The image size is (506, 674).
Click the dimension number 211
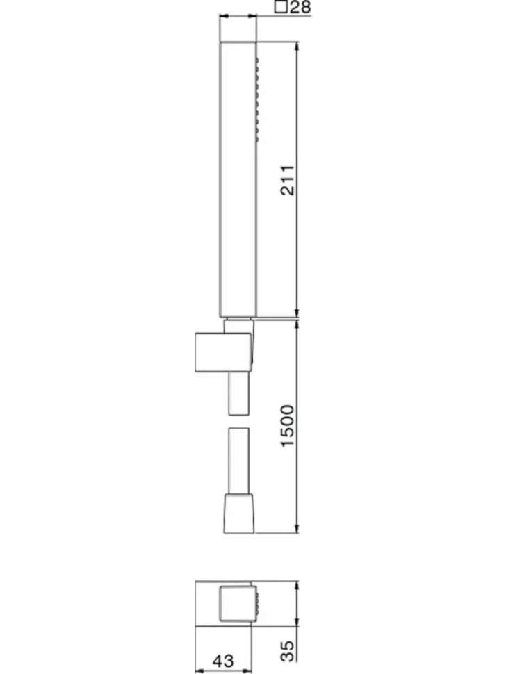(288, 180)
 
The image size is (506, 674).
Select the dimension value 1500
(288, 425)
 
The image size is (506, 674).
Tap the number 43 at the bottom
(222, 661)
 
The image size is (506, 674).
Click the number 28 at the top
(300, 8)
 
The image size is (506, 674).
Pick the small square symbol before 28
(281, 7)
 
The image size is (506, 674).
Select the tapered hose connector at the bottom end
(238, 513)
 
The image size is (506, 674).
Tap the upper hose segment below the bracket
(238, 393)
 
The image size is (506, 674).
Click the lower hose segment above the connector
(238, 461)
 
